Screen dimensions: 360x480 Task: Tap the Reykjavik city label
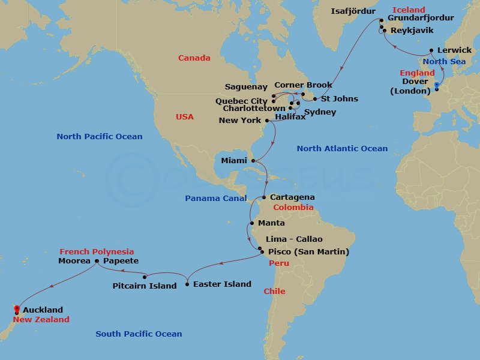tap(412, 29)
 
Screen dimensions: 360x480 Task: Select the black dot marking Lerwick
tap(431, 50)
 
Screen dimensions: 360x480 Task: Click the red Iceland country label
tap(409, 10)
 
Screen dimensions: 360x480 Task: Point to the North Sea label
tap(445, 61)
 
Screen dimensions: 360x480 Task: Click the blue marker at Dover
tap(436, 89)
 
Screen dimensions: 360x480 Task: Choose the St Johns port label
tap(340, 99)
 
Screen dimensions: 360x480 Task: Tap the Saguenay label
tap(245, 86)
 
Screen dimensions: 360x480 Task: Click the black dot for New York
tap(267, 120)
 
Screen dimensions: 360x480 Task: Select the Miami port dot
tap(253, 161)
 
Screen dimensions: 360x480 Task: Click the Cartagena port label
tap(292, 197)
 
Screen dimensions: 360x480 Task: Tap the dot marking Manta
tap(251, 223)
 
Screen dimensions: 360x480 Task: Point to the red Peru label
tap(279, 263)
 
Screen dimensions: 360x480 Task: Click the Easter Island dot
tap(187, 284)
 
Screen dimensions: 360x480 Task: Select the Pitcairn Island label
tap(145, 286)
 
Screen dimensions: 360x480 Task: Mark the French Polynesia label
tap(97, 251)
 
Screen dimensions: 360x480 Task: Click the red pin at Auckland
tap(16, 310)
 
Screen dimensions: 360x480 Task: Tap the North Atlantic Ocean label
tap(342, 148)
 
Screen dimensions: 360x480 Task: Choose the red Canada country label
tap(194, 58)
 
